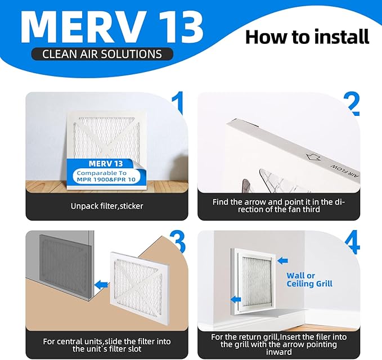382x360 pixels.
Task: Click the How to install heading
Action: pyautogui.click(x=307, y=37)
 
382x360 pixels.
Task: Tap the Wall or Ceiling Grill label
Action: pyautogui.click(x=309, y=280)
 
